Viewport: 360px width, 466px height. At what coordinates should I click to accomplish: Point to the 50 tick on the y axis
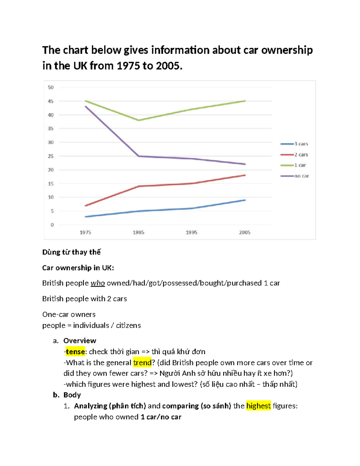click(x=51, y=88)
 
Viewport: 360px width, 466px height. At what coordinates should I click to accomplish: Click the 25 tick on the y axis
click(x=51, y=156)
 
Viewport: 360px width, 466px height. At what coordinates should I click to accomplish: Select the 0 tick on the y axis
click(x=52, y=225)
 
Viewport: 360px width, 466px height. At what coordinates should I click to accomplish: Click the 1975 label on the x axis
click(x=85, y=232)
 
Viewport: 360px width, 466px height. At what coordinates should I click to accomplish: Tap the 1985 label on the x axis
click(x=139, y=232)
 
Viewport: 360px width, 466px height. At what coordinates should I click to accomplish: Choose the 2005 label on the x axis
click(x=245, y=232)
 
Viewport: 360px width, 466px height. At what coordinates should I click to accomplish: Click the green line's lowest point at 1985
click(x=139, y=120)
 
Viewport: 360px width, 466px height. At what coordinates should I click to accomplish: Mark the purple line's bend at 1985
click(x=139, y=156)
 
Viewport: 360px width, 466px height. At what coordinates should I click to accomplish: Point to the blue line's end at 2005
click(x=245, y=200)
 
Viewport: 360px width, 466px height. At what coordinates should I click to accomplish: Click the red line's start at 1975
click(x=86, y=206)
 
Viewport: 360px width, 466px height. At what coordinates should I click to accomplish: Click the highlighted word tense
click(x=75, y=352)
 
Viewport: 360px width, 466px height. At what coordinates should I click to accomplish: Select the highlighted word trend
click(x=142, y=363)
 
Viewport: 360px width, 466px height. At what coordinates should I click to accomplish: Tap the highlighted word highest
click(x=258, y=406)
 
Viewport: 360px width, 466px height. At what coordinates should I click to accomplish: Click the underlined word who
click(x=98, y=283)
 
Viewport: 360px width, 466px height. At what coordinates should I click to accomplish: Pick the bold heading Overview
click(x=80, y=341)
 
